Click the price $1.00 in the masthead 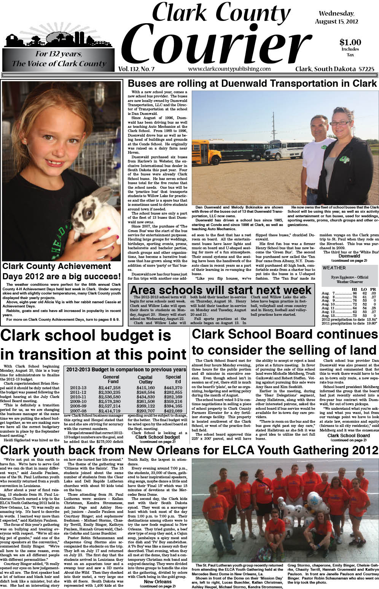[x=350, y=42]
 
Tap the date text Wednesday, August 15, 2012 [x=336, y=18]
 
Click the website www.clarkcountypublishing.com [x=229, y=69]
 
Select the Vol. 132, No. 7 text [x=136, y=69]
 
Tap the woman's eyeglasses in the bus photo [x=341, y=123]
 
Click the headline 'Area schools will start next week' [x=221, y=290]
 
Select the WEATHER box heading [x=334, y=268]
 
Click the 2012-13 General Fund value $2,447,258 [x=109, y=388]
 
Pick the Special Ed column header [x=173, y=379]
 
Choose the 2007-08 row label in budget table [x=78, y=411]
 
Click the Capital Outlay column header [x=145, y=379]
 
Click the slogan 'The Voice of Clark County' [x=59, y=64]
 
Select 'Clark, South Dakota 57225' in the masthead [x=334, y=69]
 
